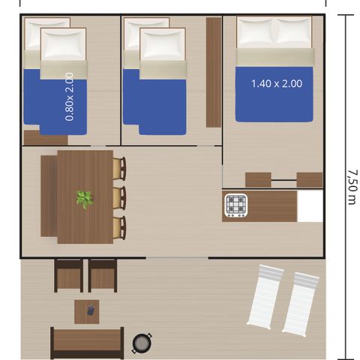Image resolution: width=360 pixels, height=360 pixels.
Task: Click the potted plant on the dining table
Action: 85,199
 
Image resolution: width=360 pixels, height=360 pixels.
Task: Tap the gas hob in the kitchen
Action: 236,205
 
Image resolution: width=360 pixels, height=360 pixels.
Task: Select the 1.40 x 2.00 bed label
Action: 276,84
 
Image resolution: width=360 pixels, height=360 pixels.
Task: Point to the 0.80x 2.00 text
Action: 70,97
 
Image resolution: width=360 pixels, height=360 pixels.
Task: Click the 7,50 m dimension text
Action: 351,186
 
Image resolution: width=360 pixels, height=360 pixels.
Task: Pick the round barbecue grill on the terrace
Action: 142,343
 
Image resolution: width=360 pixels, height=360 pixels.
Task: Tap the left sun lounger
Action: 264,298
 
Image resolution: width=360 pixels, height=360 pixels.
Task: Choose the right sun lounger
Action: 300,302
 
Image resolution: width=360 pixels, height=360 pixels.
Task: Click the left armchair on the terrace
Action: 69,275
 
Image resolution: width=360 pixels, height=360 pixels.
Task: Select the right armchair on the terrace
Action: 103,275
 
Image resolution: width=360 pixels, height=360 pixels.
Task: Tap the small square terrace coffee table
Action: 86,310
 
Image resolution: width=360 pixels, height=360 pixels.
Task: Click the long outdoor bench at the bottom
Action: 87,343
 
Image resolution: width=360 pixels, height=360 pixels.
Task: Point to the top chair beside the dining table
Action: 119,168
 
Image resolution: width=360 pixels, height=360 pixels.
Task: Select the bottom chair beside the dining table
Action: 119,228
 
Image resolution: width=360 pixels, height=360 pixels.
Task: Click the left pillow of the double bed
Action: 256,32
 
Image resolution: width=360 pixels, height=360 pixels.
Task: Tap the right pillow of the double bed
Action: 295,32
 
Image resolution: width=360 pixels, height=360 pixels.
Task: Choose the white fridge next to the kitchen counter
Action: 310,206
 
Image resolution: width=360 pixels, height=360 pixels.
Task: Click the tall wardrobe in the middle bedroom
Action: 214,72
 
